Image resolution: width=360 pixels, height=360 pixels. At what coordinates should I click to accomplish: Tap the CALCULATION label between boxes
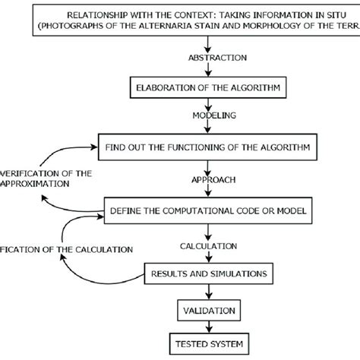pyautogui.click(x=207, y=247)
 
